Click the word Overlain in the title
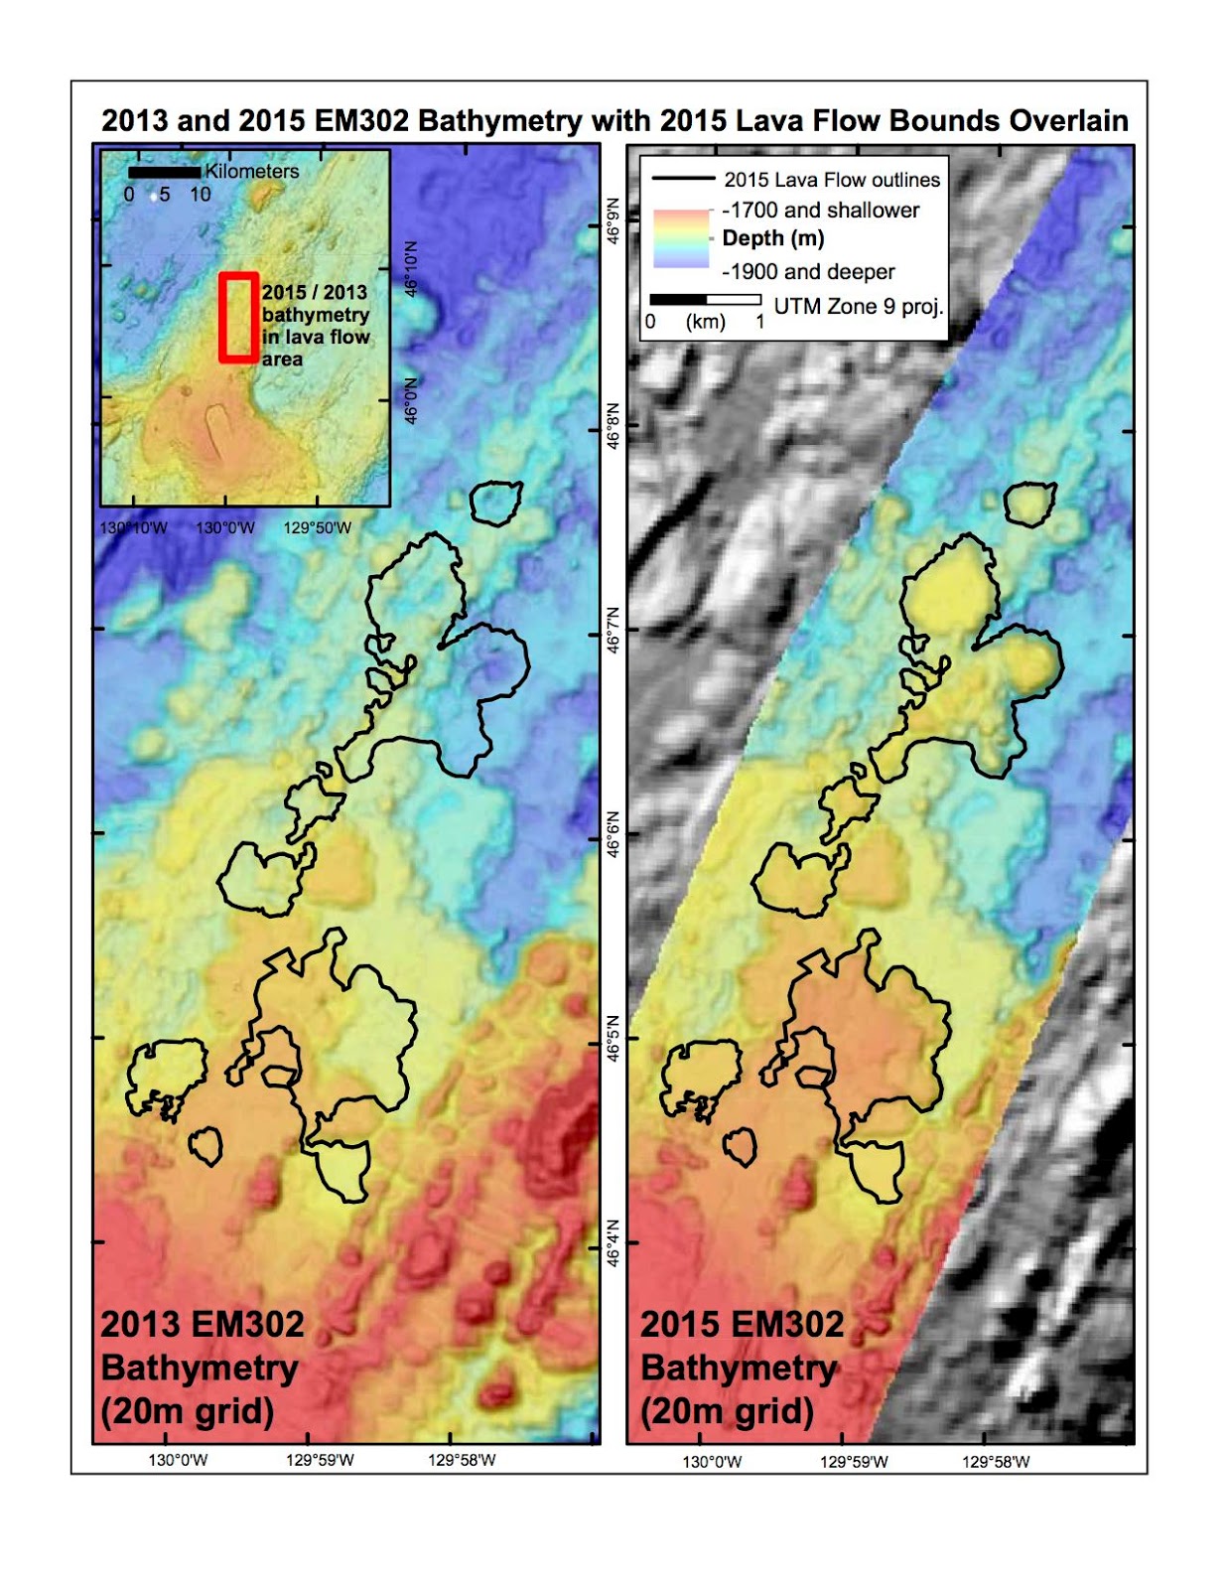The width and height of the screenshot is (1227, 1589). coord(1068,121)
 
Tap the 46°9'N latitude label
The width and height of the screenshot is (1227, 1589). coord(613,221)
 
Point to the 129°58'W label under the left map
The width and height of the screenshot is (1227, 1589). coord(462,1460)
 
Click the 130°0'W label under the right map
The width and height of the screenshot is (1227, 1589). coord(711,1462)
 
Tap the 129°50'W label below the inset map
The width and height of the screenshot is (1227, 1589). coord(317,528)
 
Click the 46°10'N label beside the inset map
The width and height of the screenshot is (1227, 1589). coord(411,268)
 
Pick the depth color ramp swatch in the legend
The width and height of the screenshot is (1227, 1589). coord(681,238)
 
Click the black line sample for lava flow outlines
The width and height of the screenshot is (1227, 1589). coord(683,180)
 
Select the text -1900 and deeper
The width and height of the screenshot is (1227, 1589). coord(808,272)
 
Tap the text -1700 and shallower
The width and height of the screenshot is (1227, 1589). coord(820,211)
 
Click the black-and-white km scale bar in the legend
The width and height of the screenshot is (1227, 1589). coord(705,300)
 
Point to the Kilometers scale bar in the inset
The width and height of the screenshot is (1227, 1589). coord(164,173)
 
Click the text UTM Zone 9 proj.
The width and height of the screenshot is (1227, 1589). coord(858,307)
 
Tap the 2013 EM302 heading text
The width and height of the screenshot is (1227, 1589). coord(203,1325)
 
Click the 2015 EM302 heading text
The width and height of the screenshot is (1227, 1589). coord(742,1325)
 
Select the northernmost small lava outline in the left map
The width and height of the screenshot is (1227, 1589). coord(495,504)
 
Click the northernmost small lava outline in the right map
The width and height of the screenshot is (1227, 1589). coord(1029,504)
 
